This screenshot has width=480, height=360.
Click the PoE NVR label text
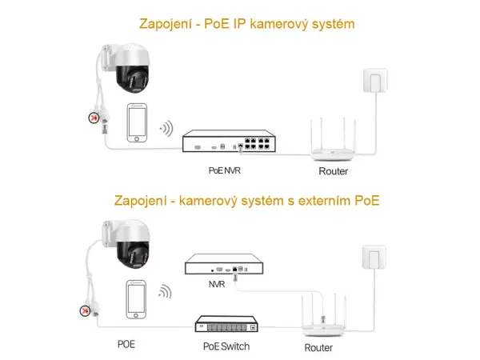[x=224, y=170]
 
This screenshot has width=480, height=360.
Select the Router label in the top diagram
[x=333, y=171]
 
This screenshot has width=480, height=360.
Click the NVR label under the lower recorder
[x=217, y=283]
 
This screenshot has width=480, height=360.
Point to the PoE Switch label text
[x=226, y=346]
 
